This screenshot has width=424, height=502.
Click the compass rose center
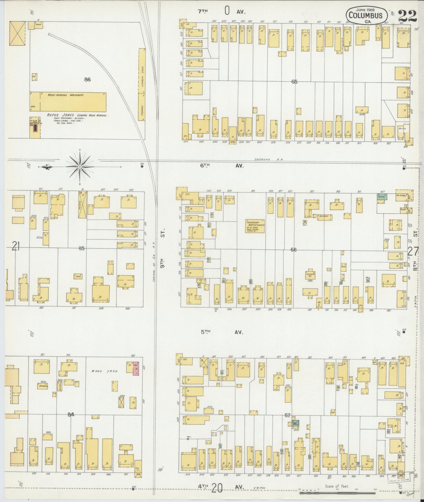tap(80, 167)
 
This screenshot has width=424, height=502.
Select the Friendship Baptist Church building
tap(255, 226)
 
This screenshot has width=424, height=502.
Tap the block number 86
tap(87, 80)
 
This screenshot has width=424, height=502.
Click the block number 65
tap(294, 82)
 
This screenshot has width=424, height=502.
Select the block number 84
tap(71, 415)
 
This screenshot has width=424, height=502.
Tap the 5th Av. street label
tap(222, 332)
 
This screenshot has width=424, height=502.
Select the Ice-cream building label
tap(401, 195)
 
